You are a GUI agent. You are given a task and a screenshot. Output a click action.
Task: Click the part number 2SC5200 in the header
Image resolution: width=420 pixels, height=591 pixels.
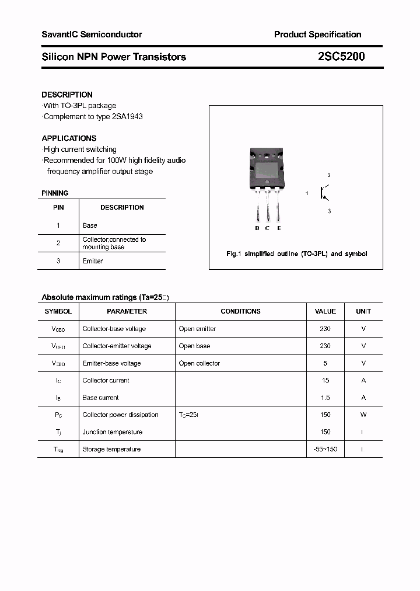(x=342, y=57)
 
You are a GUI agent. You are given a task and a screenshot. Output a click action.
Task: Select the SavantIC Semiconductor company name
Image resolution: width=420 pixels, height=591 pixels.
(x=92, y=34)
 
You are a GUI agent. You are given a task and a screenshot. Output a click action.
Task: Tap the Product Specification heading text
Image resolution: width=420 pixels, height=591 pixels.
(x=317, y=34)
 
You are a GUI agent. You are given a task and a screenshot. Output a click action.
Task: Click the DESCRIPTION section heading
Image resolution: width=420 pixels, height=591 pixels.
(x=67, y=95)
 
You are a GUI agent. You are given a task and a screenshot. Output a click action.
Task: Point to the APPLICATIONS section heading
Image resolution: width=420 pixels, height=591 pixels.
(x=69, y=138)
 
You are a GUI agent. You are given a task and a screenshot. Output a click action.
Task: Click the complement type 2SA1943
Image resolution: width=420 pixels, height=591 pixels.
(x=127, y=116)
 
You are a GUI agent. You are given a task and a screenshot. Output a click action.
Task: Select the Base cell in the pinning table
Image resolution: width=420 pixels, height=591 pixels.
(x=90, y=225)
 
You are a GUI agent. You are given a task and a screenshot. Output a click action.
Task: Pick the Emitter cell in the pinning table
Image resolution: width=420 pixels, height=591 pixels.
(x=92, y=261)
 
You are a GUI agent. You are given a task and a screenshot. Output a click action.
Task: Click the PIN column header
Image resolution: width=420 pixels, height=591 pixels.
(x=58, y=207)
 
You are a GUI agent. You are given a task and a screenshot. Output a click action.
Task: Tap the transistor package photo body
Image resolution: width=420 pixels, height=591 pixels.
(x=267, y=169)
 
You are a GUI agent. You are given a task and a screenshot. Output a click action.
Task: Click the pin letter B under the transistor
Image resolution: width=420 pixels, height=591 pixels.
(x=257, y=228)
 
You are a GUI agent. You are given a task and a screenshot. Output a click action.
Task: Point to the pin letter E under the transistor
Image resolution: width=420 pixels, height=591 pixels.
(x=279, y=228)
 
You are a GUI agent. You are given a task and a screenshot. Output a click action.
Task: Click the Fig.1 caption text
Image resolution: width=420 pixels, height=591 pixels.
(x=296, y=254)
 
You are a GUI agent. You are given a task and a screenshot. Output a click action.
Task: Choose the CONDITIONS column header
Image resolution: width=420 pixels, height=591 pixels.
(x=240, y=311)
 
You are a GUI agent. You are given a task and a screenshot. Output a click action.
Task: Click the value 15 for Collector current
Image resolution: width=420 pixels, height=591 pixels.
(x=325, y=380)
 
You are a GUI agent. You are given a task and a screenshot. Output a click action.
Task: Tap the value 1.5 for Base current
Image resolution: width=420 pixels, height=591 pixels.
(x=325, y=398)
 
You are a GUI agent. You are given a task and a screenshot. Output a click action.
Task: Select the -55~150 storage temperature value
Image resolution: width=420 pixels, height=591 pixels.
(x=325, y=449)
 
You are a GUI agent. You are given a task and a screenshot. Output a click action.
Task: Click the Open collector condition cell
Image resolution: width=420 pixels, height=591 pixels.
(x=199, y=363)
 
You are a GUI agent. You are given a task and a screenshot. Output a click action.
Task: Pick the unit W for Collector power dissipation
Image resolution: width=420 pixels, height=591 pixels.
(x=363, y=415)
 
